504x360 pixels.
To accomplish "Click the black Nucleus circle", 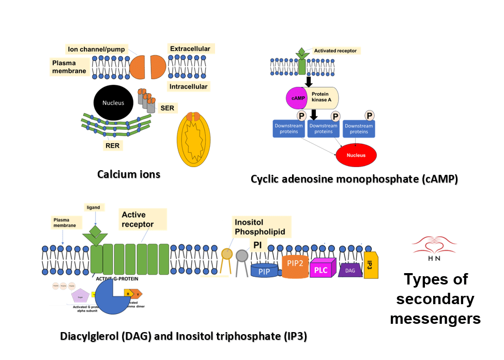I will point(113,103).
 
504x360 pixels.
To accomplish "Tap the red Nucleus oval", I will point(356,155).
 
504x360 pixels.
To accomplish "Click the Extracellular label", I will point(190,49).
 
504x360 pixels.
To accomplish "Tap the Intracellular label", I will point(189,86).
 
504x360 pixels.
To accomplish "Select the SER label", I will point(167,108).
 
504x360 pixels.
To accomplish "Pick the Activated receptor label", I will point(335,51).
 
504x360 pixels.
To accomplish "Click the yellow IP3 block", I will point(371,265).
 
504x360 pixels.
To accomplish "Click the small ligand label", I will point(93,207).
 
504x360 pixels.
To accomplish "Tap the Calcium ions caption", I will point(129,174).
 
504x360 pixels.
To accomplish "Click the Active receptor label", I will point(138,219).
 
